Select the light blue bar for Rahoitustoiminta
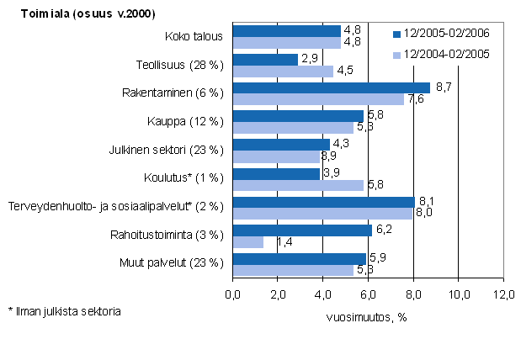[x=248, y=242]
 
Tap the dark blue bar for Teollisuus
[x=265, y=59]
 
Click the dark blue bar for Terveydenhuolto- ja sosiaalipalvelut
[x=324, y=202]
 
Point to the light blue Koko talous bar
[x=286, y=42]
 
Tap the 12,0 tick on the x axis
[x=503, y=294]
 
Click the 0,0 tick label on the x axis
[x=233, y=294]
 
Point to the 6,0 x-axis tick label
[x=368, y=294]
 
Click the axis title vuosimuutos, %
[x=366, y=317]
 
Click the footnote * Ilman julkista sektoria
[x=64, y=311]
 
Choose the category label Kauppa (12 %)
[x=196, y=121]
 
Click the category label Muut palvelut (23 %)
[x=181, y=262]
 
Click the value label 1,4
[x=274, y=243]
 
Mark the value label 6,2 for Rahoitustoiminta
[x=383, y=229]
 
